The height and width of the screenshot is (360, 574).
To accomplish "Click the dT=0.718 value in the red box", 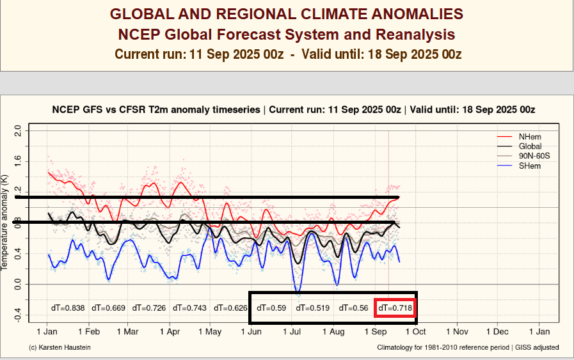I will tap(394, 308).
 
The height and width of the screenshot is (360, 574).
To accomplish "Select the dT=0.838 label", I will tap(68, 308).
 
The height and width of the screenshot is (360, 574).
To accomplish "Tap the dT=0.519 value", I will tap(312, 308).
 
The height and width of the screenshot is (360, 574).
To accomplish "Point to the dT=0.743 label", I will tap(190, 308).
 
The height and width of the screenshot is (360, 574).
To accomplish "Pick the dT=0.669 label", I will tap(108, 308).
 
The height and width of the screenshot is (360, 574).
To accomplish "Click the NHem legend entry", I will tap(529, 136).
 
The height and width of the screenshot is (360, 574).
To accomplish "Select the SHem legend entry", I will tap(529, 166).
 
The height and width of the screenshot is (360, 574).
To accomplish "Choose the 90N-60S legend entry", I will tap(534, 156).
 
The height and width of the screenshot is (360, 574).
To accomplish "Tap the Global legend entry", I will tap(530, 146).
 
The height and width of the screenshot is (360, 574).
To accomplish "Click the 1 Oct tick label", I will tap(415, 333).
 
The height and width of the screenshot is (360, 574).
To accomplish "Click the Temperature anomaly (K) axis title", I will tap(5, 220).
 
